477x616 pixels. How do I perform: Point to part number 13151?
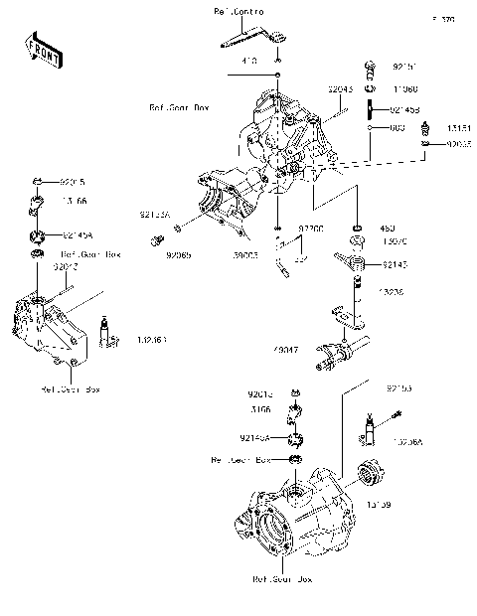[455, 128]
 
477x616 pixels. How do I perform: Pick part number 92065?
[179, 255]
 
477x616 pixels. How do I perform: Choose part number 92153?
[398, 387]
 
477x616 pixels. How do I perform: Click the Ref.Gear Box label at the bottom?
[281, 578]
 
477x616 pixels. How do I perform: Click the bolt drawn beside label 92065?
[154, 239]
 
